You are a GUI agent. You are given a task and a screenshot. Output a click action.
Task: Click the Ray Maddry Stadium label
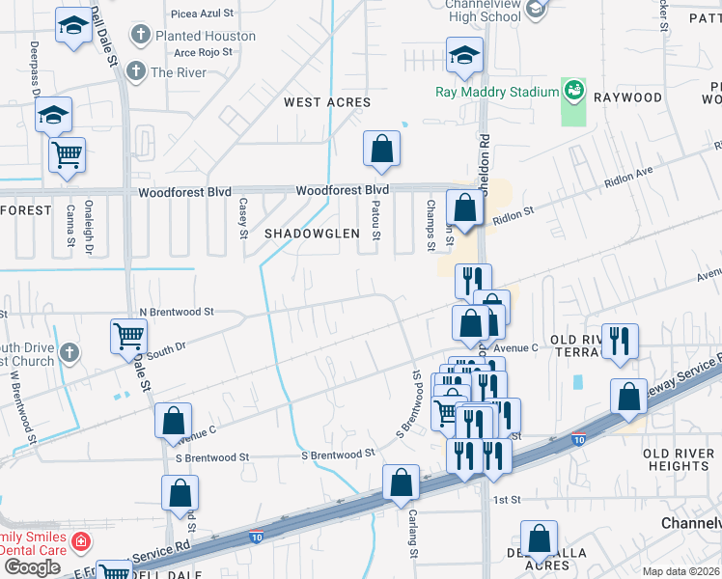pos(497,91)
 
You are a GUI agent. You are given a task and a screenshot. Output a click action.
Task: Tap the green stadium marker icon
pos(574,90)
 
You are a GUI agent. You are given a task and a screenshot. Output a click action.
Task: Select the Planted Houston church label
pos(206,36)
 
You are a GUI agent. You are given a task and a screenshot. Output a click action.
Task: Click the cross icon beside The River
pos(136,71)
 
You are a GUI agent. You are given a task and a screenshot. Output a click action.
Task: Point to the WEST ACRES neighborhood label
pos(327,101)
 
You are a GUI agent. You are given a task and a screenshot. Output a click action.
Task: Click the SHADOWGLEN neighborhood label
pos(313,234)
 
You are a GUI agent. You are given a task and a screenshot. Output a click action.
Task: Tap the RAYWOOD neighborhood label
pos(627,97)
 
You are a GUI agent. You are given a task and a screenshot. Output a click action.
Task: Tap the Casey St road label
pos(243,217)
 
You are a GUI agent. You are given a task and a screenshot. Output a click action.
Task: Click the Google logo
pos(32,566)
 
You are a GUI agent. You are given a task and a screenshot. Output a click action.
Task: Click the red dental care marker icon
pos(81,542)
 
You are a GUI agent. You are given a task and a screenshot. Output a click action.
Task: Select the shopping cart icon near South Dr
pos(128,336)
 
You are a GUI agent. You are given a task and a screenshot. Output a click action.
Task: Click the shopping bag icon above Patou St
pos(381,149)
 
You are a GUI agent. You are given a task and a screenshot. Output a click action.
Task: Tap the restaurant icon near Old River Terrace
pos(619,341)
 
